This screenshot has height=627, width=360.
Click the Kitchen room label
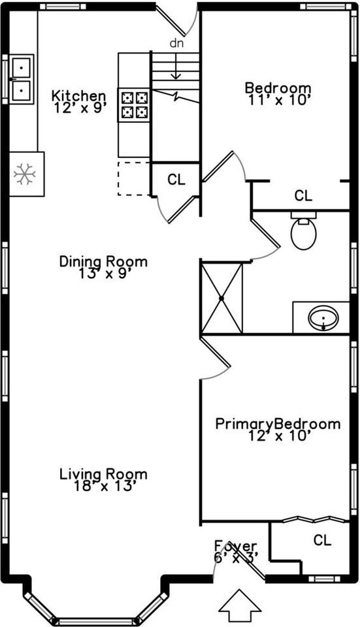click(79, 96)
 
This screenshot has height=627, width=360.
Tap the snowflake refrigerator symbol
click(25, 174)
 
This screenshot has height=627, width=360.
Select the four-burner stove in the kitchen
click(135, 105)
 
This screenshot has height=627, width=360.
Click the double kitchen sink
click(21, 80)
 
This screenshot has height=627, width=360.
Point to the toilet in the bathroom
click(304, 231)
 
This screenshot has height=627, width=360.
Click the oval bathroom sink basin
click(323, 318)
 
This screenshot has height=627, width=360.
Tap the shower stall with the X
click(221, 298)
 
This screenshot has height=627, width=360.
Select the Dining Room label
click(103, 261)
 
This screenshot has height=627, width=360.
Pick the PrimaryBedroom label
click(278, 424)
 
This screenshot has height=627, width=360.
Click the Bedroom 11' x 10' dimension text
click(278, 100)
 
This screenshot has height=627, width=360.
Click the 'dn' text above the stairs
click(176, 43)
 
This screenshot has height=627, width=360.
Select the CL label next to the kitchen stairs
click(176, 180)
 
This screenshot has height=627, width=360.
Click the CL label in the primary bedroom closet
click(322, 541)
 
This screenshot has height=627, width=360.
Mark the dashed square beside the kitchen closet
click(133, 178)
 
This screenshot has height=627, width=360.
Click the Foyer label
click(236, 546)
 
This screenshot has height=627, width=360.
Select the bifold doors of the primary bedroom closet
click(315, 519)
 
